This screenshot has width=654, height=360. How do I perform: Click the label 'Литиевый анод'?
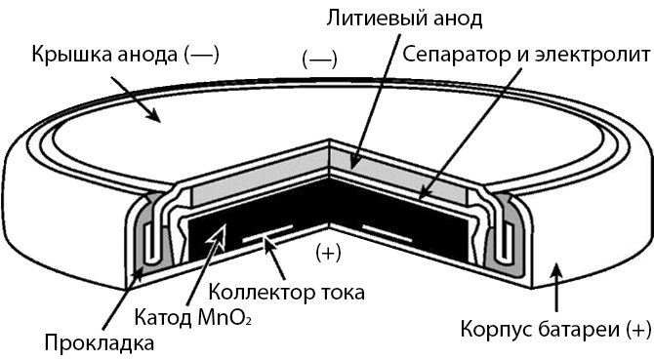click(404, 20)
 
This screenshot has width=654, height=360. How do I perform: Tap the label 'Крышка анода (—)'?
click(126, 55)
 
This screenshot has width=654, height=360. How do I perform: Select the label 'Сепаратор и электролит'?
click(526, 55)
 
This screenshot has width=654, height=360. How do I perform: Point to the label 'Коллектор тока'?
click(287, 292)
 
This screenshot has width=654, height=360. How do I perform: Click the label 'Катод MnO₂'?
click(193, 317)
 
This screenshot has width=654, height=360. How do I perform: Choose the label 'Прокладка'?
click(100, 343)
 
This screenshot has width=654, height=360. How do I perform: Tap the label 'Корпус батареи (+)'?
click(555, 330)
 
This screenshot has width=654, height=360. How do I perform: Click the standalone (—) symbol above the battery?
click(320, 60)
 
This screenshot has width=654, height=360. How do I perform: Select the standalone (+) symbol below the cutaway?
click(329, 253)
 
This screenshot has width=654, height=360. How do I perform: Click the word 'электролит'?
click(593, 55)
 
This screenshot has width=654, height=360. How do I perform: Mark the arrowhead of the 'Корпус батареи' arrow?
click(556, 271)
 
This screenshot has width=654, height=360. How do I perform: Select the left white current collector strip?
click(267, 234)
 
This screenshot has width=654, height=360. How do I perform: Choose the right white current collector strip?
click(388, 234)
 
